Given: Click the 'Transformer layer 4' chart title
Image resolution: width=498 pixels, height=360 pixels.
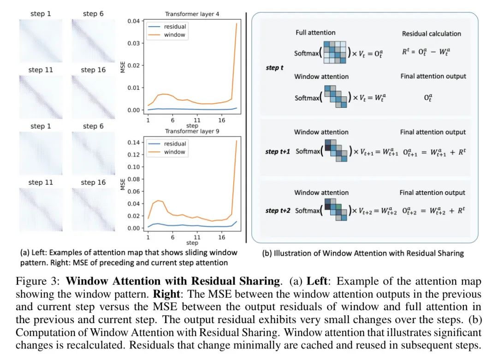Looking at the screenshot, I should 192,14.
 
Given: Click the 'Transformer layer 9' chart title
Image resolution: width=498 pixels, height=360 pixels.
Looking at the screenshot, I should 192,131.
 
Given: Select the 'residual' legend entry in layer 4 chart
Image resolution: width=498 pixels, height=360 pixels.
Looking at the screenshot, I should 174,26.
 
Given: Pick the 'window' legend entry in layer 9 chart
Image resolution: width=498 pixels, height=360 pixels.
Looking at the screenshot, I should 174,152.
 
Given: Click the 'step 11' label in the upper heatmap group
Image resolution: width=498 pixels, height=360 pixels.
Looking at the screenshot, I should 41,70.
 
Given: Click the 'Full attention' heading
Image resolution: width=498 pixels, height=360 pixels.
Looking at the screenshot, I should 315,33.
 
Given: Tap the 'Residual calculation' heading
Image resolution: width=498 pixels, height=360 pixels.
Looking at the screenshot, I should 431,34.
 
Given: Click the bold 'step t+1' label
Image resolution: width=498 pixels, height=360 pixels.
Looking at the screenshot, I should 278,151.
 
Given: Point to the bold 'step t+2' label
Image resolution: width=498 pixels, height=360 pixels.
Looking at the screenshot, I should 278,211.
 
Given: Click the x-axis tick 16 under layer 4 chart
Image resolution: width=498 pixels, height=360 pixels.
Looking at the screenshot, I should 222,120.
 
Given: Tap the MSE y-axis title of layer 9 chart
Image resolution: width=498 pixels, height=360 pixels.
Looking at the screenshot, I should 123,184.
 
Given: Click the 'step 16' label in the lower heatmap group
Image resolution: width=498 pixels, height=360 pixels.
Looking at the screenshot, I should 93,183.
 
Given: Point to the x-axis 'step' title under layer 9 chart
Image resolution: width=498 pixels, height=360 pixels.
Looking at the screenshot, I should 192,243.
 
